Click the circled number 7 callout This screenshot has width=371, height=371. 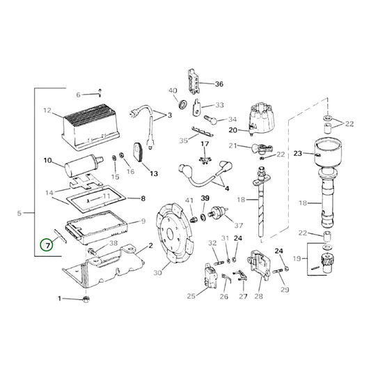point(47,245)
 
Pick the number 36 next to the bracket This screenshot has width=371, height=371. point(219,84)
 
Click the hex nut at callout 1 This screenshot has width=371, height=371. point(85,299)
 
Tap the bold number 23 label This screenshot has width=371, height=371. point(298,153)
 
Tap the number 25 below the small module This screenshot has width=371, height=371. point(191,297)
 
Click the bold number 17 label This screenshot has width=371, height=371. point(204,144)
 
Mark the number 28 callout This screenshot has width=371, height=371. point(258,297)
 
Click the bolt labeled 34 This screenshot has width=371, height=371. point(212,119)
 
